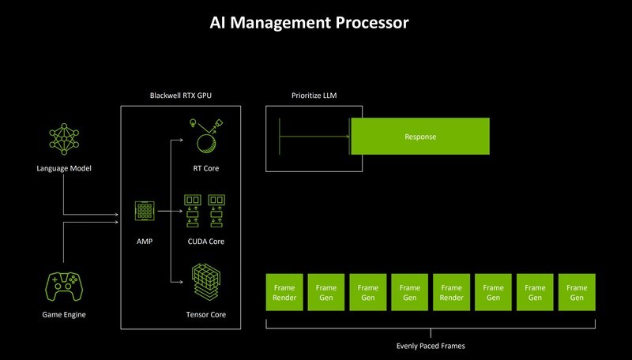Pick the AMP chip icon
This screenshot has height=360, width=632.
point(144,212)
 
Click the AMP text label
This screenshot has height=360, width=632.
point(144,240)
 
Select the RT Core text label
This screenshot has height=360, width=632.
point(205,168)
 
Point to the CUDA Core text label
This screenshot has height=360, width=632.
point(205,241)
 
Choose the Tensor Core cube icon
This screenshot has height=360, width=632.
point(205,280)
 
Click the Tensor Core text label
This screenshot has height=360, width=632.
point(205,315)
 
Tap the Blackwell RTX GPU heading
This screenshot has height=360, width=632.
point(181,96)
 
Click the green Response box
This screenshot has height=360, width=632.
point(419,137)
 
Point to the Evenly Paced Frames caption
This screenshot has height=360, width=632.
point(430,345)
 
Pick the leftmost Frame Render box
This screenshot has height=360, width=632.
point(283,292)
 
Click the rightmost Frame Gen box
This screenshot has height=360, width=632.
point(577,292)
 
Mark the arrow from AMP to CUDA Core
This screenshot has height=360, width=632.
point(169,212)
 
